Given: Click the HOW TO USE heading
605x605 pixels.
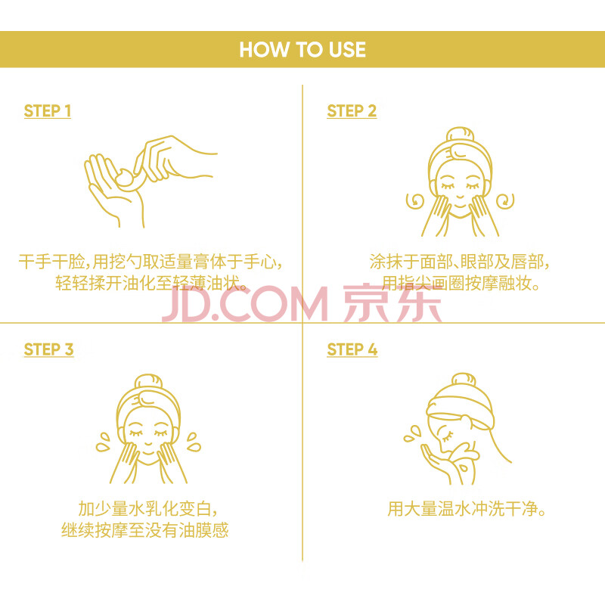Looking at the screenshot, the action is (x=302, y=49).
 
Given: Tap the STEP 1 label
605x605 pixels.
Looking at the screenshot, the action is (x=48, y=110).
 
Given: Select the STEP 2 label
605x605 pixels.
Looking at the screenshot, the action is (x=352, y=110).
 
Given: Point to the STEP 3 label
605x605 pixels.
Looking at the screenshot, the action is (x=48, y=349).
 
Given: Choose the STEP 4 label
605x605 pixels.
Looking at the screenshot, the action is (x=352, y=349).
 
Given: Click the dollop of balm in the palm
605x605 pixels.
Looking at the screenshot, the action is (x=126, y=178).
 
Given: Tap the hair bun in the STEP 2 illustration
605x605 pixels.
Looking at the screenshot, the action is (x=460, y=135).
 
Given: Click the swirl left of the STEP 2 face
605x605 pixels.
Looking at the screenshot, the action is (x=415, y=201).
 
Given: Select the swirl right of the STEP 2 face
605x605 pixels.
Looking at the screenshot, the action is (x=505, y=201).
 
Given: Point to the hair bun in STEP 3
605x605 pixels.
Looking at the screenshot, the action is (x=148, y=382).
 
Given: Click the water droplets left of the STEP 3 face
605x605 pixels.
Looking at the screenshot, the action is (x=103, y=442).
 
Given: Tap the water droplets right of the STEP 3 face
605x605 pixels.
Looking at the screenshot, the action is (x=194, y=442).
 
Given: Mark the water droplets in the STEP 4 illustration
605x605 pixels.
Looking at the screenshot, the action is (x=412, y=433).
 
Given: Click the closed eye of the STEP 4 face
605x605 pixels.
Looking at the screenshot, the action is (x=448, y=437).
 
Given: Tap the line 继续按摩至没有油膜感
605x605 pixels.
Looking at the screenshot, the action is (x=145, y=530).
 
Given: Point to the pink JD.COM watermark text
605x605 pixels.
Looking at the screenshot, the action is (x=245, y=304).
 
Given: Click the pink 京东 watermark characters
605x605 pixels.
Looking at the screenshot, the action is (x=392, y=304).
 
